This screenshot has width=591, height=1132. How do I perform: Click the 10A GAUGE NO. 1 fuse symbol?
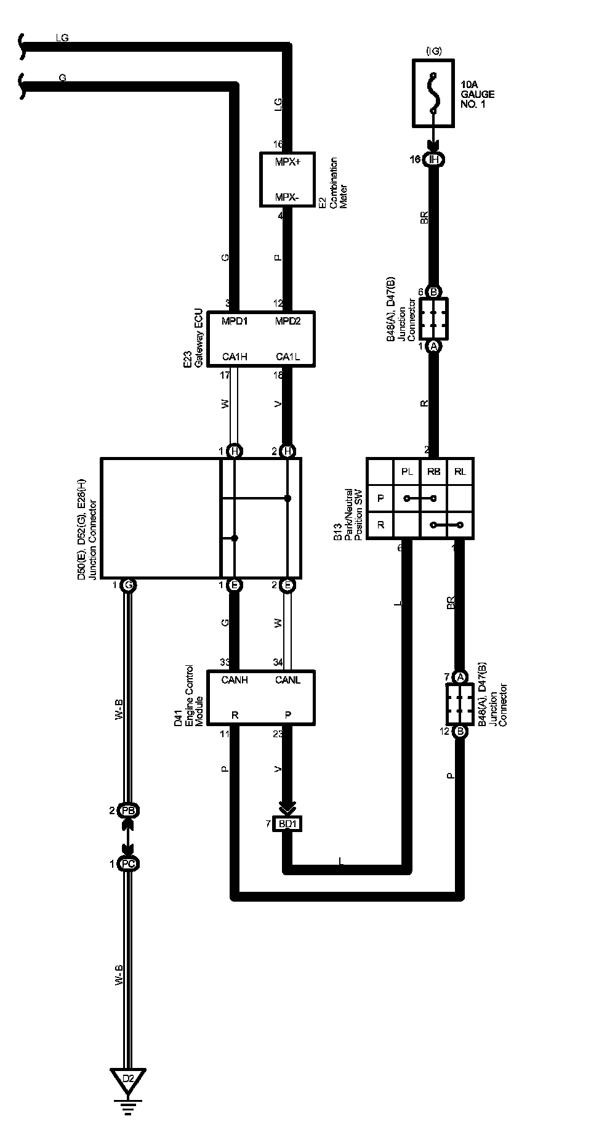[433, 93]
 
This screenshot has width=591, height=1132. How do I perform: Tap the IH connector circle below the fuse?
[434, 160]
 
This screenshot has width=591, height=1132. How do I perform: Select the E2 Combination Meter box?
[287, 180]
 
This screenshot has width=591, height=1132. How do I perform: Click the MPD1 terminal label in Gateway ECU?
[235, 321]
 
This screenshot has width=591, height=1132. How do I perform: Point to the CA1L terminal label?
[287, 357]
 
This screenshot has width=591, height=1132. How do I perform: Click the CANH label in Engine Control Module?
[235, 679]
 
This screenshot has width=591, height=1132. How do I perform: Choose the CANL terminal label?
[287, 679]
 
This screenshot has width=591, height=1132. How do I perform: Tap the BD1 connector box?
[287, 823]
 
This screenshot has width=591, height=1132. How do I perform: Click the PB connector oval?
[127, 811]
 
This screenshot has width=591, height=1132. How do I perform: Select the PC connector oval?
[127, 864]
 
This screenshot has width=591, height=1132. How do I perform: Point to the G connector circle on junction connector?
[127, 585]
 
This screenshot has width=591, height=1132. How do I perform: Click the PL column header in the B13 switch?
[407, 472]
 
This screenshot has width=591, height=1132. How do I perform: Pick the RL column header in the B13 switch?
[460, 472]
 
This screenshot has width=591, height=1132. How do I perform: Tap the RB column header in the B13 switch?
[433, 472]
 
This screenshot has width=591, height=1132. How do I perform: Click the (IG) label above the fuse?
[433, 51]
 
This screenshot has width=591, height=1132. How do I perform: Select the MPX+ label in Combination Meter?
[287, 162]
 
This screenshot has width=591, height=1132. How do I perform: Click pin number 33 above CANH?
[225, 663]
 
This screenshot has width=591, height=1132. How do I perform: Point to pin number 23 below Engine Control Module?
[278, 734]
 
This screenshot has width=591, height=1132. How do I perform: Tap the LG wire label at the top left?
[62, 38]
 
